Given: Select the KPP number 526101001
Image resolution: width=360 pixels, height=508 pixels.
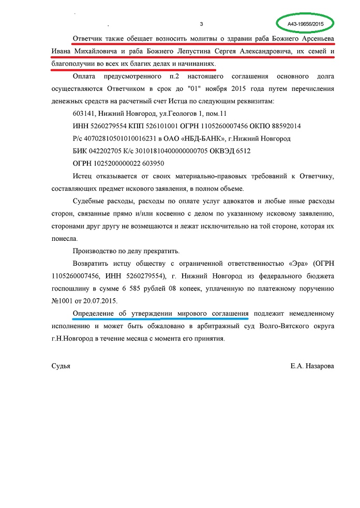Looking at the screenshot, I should click(x=163, y=126).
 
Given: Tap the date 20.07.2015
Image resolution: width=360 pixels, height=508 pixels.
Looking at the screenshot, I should click(x=100, y=300).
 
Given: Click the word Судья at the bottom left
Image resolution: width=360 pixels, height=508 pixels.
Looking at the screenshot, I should click(x=61, y=366).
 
